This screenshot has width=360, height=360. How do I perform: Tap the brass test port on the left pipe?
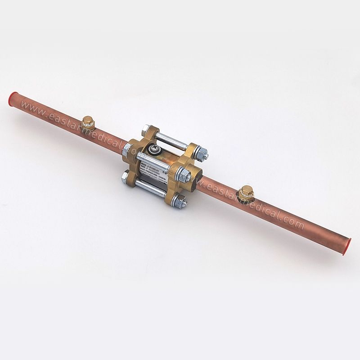point(88,122)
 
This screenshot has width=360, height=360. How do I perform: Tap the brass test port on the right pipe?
point(246,193)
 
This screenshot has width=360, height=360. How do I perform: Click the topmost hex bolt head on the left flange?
point(146,129)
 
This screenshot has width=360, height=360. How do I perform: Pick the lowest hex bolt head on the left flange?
point(126,177)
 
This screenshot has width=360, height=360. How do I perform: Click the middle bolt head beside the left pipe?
point(126,150)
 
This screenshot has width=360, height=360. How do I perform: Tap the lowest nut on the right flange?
point(179,201)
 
